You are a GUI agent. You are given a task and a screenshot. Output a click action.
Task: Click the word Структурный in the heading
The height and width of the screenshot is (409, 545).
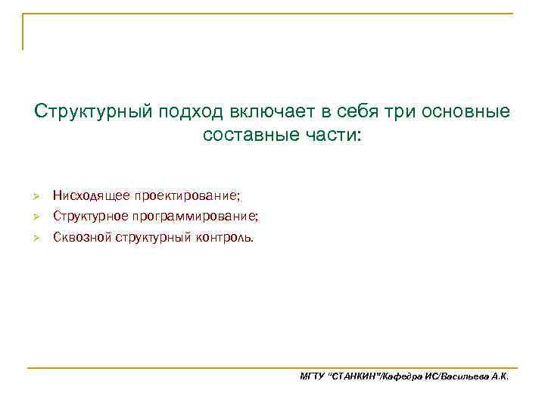[93, 112]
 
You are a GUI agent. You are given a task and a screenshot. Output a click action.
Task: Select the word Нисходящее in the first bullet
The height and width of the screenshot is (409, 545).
[91, 196]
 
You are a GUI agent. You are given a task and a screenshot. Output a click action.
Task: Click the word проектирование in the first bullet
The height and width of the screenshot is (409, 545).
[187, 196]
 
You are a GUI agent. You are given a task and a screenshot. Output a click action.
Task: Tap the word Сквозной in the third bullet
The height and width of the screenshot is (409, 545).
[82, 237]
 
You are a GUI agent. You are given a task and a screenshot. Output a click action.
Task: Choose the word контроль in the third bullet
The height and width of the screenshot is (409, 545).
[225, 237]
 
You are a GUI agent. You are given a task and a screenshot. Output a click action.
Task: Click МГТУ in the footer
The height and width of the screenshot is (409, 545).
[312, 376]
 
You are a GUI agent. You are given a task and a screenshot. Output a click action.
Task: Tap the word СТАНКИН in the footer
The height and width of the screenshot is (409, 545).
[355, 376]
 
